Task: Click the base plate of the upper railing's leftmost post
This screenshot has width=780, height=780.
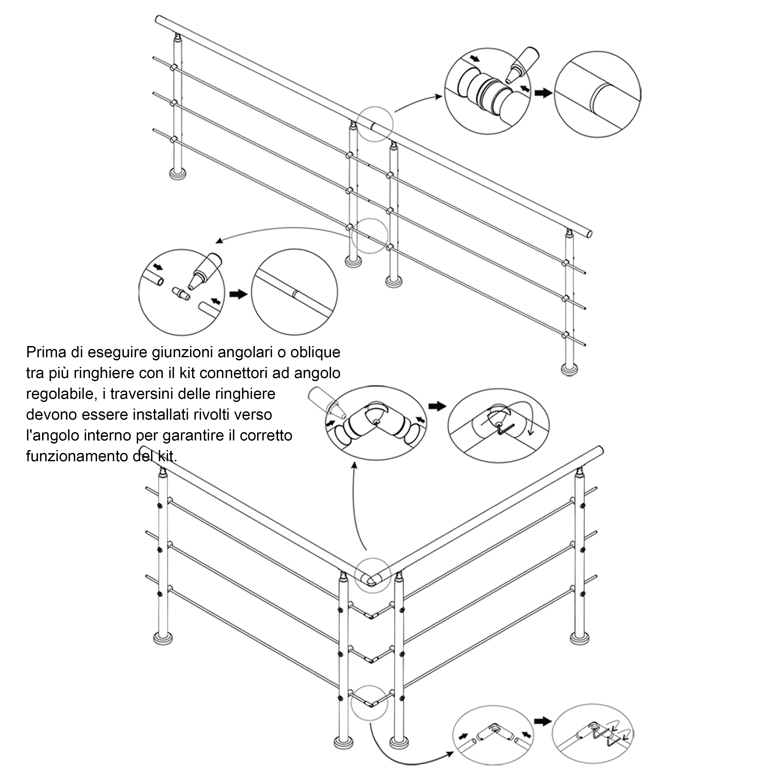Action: click(x=177, y=174)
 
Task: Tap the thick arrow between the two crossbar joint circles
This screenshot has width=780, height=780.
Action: click(x=238, y=294)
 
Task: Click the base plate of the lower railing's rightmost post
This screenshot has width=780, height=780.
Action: click(x=579, y=638)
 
